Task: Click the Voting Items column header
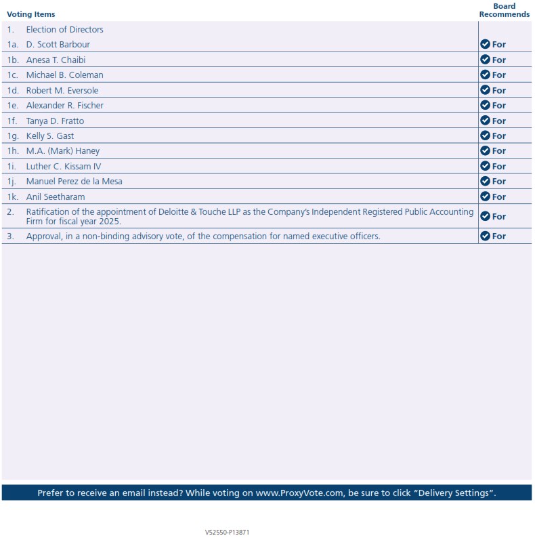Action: (31, 14)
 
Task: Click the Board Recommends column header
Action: (504, 10)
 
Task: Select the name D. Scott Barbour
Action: (58, 45)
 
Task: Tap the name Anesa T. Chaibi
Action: (56, 60)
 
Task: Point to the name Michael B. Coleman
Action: (64, 75)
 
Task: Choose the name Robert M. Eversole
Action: (62, 90)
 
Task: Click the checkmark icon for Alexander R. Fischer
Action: (485, 105)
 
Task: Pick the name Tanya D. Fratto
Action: (55, 121)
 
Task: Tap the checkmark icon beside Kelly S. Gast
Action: (485, 136)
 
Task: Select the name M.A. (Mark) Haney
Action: (62, 151)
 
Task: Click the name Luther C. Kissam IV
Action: (64, 166)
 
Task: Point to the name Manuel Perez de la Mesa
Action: (74, 182)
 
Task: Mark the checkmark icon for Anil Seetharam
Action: (485, 196)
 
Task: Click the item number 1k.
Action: (12, 196)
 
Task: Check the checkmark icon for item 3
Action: (485, 236)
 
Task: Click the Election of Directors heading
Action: (64, 30)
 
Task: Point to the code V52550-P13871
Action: (228, 533)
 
